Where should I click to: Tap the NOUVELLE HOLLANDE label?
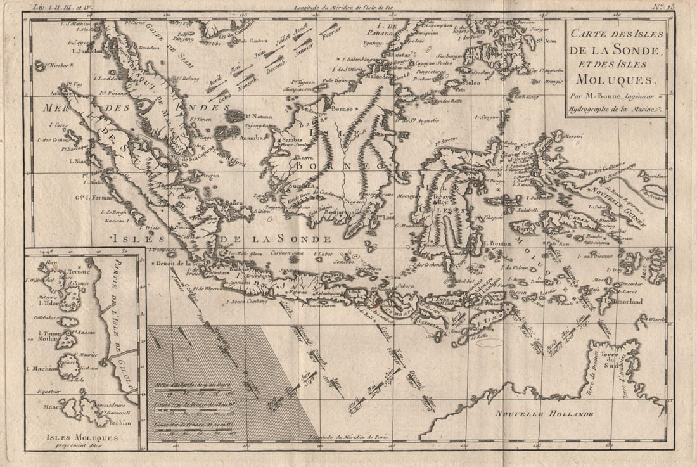click(x=544, y=414)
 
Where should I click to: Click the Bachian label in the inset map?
click(x=118, y=423)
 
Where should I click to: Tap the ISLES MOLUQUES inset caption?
click(x=83, y=437)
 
